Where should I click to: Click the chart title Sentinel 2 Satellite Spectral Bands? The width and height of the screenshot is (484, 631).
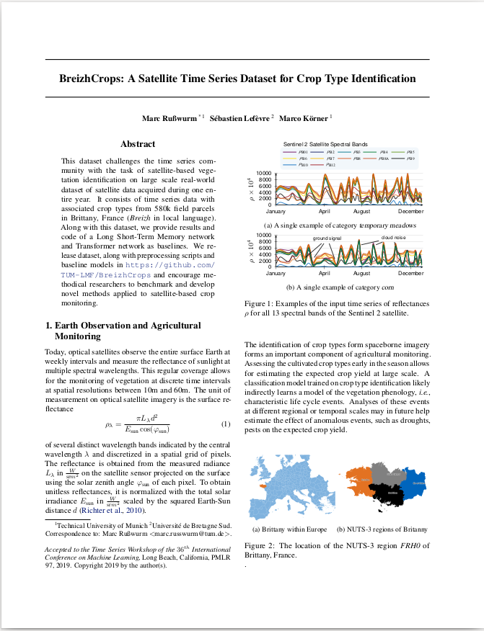tap(320, 145)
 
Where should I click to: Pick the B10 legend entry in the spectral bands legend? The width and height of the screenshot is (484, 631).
tap(304, 165)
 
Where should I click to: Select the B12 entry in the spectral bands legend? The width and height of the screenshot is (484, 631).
tap(330, 165)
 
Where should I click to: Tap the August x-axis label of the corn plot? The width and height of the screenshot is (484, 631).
tap(361, 274)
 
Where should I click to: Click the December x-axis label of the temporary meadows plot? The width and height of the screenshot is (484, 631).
tap(410, 211)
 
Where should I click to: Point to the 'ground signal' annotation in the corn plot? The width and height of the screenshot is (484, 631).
tap(327, 238)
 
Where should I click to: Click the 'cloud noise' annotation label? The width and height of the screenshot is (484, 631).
tap(393, 237)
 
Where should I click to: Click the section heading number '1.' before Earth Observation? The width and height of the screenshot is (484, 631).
tap(49, 325)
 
